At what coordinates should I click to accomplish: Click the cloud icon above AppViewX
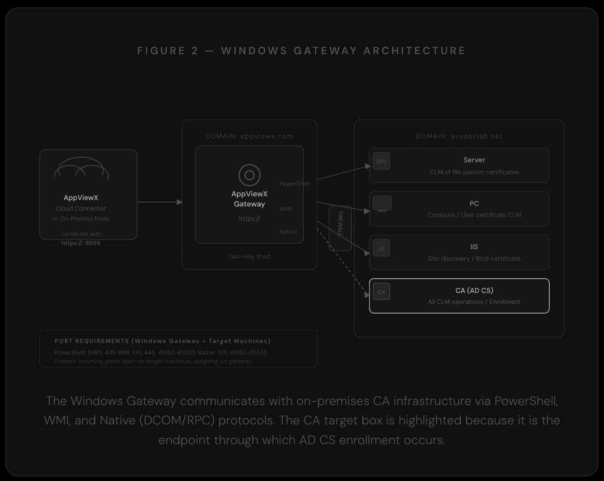click(x=81, y=169)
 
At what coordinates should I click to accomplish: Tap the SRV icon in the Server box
click(x=381, y=161)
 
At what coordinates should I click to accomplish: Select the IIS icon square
click(x=381, y=249)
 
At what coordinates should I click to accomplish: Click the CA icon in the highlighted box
click(x=381, y=292)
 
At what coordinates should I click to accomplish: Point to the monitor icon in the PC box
click(x=382, y=204)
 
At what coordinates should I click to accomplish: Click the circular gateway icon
click(x=249, y=175)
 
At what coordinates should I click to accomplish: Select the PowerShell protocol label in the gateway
click(x=294, y=184)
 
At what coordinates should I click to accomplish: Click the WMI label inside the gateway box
click(x=285, y=209)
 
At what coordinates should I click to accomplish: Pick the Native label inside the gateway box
click(x=288, y=231)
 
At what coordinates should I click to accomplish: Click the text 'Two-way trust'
click(x=249, y=256)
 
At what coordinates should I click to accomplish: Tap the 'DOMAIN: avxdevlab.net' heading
click(x=459, y=136)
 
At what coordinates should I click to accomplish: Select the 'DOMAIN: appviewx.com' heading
click(x=249, y=136)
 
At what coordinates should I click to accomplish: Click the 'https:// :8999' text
click(x=81, y=243)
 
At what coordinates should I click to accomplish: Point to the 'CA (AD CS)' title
click(x=474, y=290)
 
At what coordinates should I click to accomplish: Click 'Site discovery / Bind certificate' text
click(x=474, y=258)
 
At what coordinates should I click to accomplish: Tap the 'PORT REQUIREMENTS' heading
click(x=91, y=341)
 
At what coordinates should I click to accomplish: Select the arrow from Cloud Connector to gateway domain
click(x=160, y=202)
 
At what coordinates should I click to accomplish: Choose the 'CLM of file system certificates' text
click(x=474, y=172)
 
